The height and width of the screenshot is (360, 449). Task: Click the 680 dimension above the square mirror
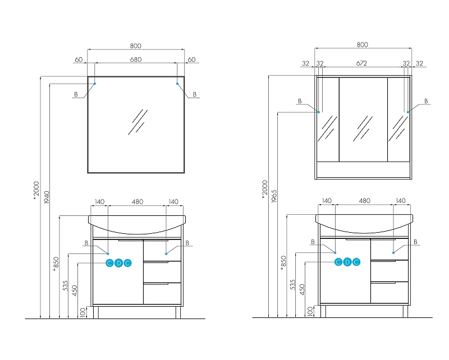(136, 59)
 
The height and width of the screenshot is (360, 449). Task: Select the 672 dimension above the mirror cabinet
(361, 63)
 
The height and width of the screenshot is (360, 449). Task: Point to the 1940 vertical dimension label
(47, 197)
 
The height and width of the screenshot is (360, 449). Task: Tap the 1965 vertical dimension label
(274, 196)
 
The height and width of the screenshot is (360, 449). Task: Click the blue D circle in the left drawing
(118, 263)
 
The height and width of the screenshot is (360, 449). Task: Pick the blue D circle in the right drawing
(347, 262)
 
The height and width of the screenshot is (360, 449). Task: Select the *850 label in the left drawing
(56, 264)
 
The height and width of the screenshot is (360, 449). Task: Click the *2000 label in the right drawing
(264, 189)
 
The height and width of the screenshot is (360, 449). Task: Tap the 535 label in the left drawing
(66, 285)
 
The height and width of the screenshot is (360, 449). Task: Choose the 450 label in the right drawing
(302, 289)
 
